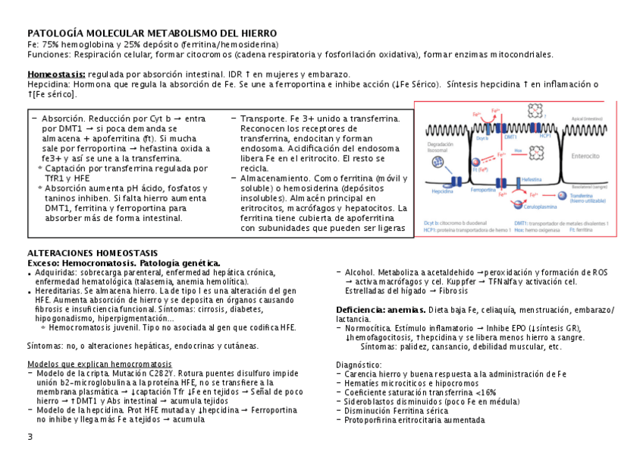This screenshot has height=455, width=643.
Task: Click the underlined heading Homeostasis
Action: pyautogui.click(x=57, y=74)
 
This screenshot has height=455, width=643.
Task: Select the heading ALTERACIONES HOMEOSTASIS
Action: pyautogui.click(x=93, y=253)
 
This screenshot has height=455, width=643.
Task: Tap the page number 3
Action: pyautogui.click(x=30, y=436)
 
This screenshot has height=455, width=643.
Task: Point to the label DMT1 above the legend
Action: pyautogui.click(x=510, y=137)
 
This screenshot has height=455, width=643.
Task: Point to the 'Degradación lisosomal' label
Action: pyautogui.click(x=440, y=147)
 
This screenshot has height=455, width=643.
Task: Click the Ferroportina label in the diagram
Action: pyautogui.click(x=482, y=191)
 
